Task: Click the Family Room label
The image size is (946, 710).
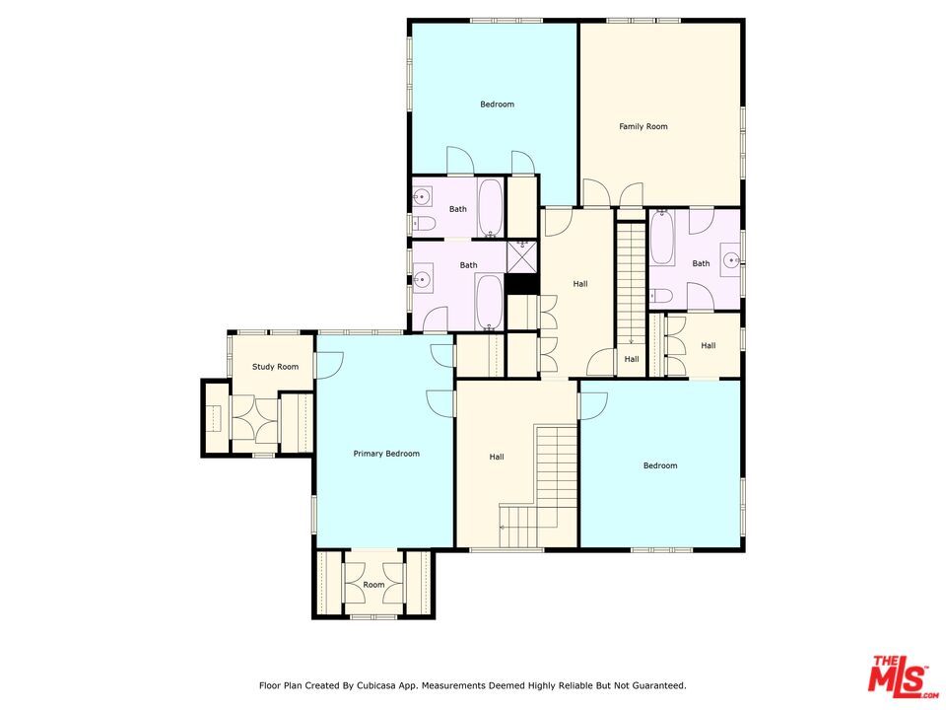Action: tap(643, 126)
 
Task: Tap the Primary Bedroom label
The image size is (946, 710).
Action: tap(386, 454)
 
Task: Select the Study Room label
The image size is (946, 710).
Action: tap(275, 367)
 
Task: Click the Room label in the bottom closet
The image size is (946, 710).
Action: tap(373, 585)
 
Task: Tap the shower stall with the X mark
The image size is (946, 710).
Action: tap(521, 256)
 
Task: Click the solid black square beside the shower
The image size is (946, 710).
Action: tap(521, 284)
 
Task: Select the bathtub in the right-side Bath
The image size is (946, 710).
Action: tap(662, 238)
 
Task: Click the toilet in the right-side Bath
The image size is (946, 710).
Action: tap(661, 296)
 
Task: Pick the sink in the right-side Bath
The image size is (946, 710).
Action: tap(731, 260)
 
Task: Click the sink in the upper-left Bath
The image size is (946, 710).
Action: tap(422, 197)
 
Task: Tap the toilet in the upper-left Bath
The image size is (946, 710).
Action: tap(424, 225)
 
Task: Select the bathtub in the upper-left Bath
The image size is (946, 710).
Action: tap(490, 207)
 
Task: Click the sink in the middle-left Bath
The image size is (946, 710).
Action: tap(422, 279)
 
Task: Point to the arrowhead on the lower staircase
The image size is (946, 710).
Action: tap(502, 527)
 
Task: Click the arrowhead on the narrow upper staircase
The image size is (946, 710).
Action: tap(631, 342)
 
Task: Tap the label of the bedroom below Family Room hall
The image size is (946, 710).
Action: tap(660, 465)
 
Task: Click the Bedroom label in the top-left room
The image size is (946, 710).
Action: tap(497, 104)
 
